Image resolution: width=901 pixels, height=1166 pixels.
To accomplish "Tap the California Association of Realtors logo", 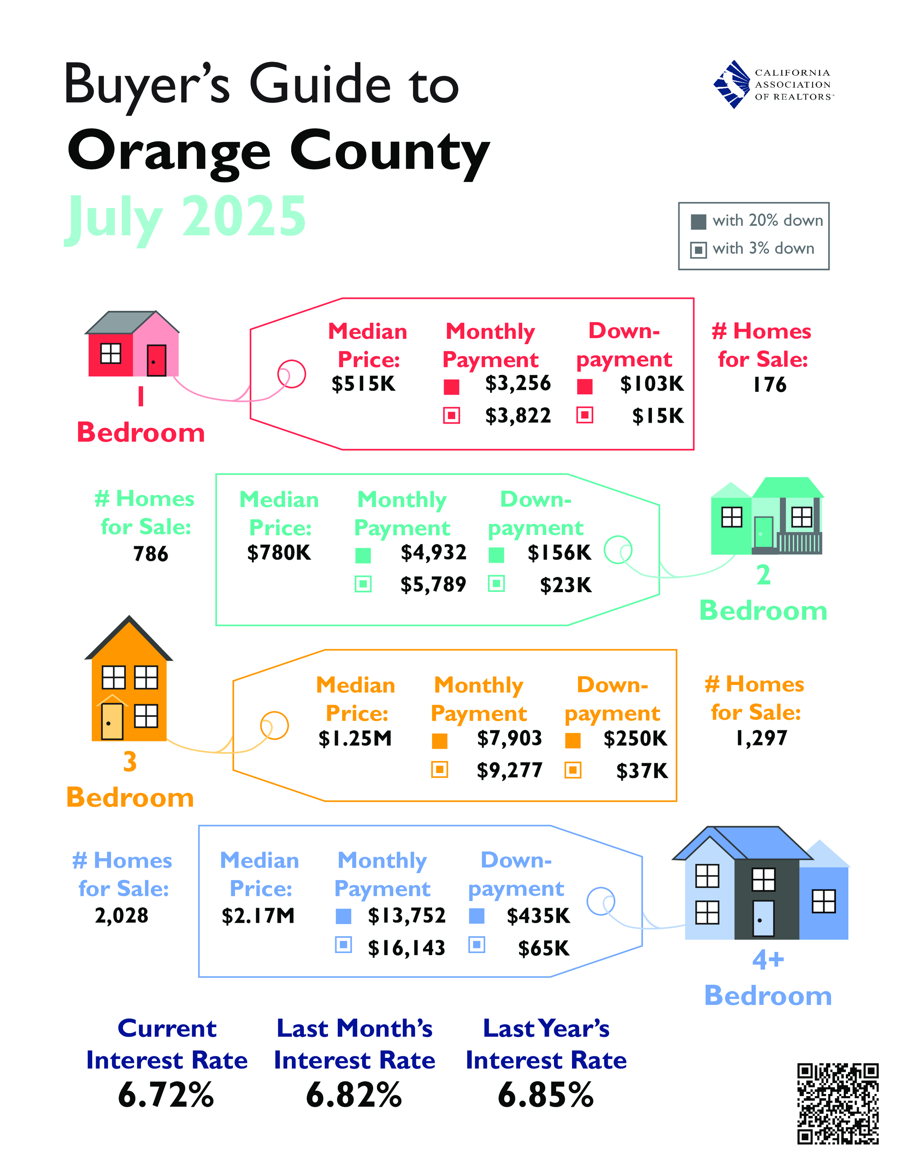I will tap(773, 84).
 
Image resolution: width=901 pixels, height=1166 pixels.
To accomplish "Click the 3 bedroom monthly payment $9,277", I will tap(509, 770).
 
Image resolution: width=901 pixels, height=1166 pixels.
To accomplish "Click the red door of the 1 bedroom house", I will tap(156, 360).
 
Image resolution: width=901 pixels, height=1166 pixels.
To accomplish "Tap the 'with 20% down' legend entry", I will tap(757, 221).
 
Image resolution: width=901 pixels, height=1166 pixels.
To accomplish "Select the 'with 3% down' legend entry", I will tap(753, 249).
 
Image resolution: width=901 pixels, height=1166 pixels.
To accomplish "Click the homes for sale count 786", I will tap(151, 554).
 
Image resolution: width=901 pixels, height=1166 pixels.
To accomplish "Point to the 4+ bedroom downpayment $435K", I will tap(538, 916).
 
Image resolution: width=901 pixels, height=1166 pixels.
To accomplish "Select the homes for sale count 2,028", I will tap(122, 915).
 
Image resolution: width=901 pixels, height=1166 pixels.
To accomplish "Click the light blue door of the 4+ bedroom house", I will tap(763, 918).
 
